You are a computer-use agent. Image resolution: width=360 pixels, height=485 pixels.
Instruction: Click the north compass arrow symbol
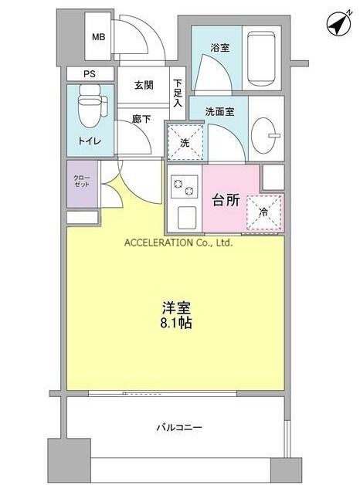click(x=339, y=23)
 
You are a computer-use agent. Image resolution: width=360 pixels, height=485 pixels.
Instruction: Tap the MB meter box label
click(x=99, y=37)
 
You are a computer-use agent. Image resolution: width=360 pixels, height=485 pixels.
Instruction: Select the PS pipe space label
click(x=90, y=74)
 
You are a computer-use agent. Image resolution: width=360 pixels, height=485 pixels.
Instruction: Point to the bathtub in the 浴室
click(x=261, y=58)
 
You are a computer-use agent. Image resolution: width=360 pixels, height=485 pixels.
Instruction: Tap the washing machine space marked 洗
click(x=185, y=143)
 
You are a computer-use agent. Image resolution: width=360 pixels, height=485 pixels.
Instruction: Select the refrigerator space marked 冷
click(x=263, y=212)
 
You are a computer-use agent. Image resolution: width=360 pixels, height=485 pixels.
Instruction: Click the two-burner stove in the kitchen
click(x=185, y=187)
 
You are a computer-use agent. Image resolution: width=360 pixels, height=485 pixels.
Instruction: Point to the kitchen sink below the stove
click(x=187, y=217)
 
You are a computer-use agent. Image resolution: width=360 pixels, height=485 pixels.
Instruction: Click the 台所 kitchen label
click(x=226, y=201)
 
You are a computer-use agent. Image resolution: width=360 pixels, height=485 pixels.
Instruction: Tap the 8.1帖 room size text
click(x=176, y=323)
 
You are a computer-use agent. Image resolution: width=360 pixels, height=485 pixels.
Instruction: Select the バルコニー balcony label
click(x=179, y=428)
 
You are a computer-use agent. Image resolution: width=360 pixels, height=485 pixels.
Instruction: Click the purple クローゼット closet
click(x=82, y=184)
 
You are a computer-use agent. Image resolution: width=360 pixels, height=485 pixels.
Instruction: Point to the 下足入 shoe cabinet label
click(x=178, y=93)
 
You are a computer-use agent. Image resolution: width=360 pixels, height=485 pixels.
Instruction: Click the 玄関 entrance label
click(x=144, y=85)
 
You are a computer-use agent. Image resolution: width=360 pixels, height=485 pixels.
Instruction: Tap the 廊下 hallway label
click(x=141, y=119)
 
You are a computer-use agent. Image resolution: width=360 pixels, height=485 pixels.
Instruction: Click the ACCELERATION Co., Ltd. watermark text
click(x=178, y=242)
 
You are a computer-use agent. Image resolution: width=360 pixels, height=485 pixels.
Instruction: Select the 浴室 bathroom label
click(x=220, y=48)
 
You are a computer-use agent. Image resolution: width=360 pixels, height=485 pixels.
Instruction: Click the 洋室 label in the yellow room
click(x=176, y=307)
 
